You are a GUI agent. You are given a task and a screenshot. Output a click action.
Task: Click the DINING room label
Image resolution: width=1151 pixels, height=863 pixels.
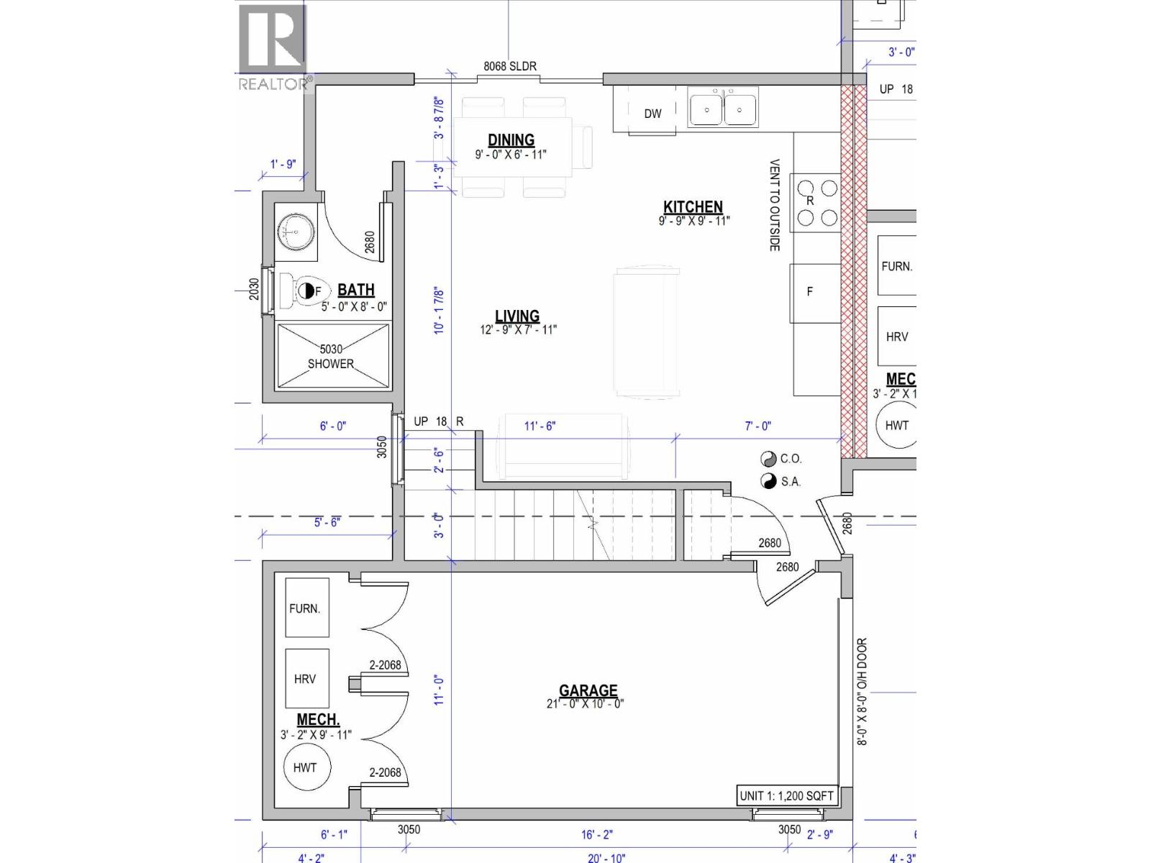click(x=511, y=140)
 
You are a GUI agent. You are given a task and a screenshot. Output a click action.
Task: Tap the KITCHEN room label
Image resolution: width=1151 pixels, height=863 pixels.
click(x=693, y=207)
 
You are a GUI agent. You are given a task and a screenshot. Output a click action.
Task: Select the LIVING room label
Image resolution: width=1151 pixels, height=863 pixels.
click(x=517, y=316)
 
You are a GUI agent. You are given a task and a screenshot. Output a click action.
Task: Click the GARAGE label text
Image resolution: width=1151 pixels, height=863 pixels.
click(x=588, y=691)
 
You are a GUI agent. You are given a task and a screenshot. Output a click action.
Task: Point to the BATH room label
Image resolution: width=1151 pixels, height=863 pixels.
click(x=356, y=290)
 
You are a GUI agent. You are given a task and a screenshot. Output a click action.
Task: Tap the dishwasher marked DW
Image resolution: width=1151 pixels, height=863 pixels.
click(x=652, y=114)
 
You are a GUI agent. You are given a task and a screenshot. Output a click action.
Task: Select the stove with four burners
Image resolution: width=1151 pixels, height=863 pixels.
click(x=816, y=203)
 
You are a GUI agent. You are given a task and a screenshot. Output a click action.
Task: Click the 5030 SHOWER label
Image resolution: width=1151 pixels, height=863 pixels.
click(x=331, y=357)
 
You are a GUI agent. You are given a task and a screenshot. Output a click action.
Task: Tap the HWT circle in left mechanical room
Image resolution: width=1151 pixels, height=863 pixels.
click(x=304, y=767)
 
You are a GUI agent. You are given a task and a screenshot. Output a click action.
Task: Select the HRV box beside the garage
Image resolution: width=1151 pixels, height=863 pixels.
click(x=306, y=678)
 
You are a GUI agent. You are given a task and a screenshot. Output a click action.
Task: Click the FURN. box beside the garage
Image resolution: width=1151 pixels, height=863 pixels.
click(x=306, y=608)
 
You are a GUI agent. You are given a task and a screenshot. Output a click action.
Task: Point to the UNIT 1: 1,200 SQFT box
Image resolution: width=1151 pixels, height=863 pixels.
click(x=786, y=795)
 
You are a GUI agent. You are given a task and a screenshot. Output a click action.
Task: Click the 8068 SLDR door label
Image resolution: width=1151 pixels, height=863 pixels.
click(x=509, y=66)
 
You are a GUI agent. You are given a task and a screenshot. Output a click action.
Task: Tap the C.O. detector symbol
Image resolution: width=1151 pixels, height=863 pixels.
click(x=768, y=459)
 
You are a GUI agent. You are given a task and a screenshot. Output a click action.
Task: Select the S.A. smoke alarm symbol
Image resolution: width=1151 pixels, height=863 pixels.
click(x=768, y=481)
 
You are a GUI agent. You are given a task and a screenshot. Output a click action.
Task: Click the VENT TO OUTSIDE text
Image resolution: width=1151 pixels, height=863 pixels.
click(x=775, y=205)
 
